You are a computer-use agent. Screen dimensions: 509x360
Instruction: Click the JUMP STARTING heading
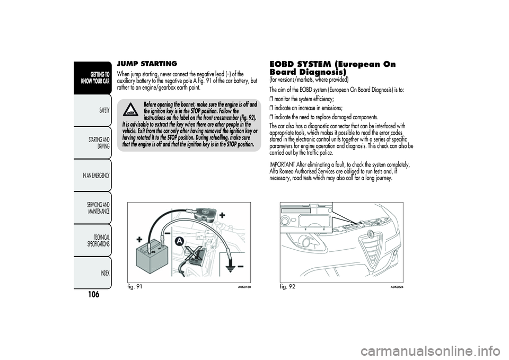click(147, 63)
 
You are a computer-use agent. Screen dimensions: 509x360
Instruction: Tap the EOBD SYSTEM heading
click(332, 67)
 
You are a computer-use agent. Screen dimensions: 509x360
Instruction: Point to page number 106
click(93, 294)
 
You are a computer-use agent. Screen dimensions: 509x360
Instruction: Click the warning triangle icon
click(131, 109)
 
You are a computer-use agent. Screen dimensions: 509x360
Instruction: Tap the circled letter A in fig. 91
click(179, 241)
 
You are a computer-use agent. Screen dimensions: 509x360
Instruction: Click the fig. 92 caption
click(287, 287)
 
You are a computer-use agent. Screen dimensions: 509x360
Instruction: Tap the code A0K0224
click(397, 287)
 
